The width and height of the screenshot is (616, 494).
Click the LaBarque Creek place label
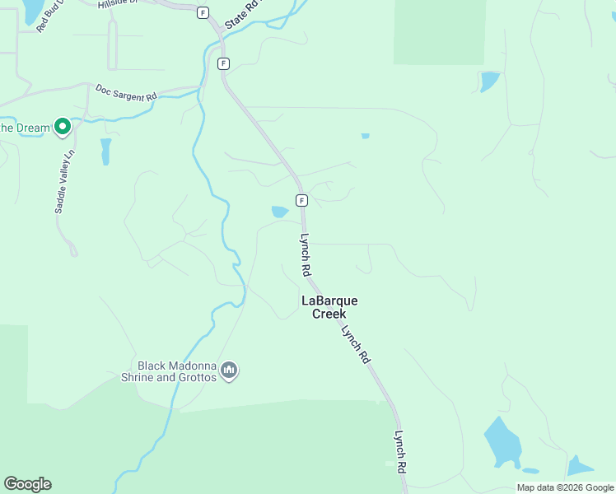[329, 307]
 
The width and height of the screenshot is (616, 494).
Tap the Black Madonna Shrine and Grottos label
[176, 371]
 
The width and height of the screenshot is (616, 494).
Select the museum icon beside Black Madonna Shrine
[230, 371]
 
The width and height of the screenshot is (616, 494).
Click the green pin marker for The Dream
[62, 127]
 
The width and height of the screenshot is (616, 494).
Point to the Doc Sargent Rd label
[125, 91]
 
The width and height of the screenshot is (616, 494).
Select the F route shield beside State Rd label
[203, 12]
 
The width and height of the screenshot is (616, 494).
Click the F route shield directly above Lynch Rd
[302, 200]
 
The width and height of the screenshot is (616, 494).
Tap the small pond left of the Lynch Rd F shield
[280, 212]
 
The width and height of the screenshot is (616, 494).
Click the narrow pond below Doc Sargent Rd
[105, 151]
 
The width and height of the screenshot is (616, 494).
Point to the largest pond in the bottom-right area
[502, 441]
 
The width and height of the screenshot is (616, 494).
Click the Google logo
[27, 484]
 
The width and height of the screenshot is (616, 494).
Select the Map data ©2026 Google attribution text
[564, 487]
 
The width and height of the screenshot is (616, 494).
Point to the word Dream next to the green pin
[34, 128]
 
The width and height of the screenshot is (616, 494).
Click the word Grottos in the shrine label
[197, 377]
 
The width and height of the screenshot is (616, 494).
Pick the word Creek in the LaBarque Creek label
[329, 314]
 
